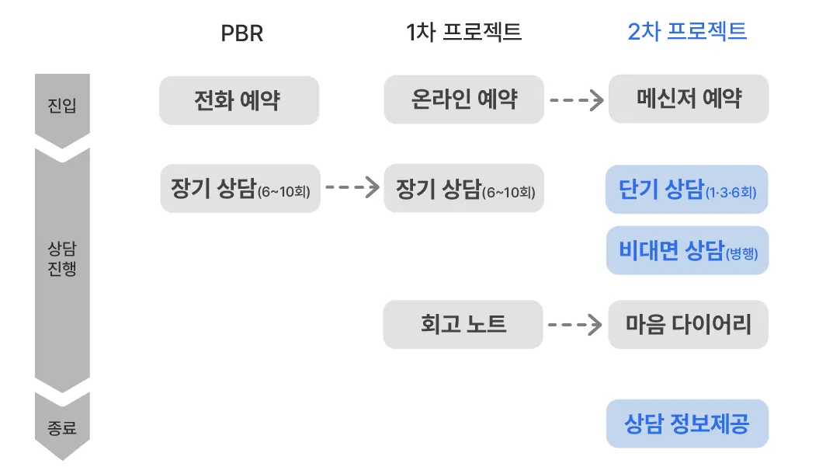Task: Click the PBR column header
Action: pos(241,33)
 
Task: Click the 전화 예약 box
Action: pos(238,100)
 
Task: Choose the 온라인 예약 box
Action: pos(463,99)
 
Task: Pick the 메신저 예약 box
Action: pos(689,99)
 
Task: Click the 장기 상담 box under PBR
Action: pos(240,188)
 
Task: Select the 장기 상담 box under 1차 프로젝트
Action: pos(463,188)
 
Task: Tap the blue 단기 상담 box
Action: pos(687,189)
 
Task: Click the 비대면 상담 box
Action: pos(687,250)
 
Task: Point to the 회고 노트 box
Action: pos(463,324)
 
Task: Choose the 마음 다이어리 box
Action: pos(689,324)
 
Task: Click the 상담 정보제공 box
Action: pos(687,424)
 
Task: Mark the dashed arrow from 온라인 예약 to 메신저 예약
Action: pos(576,99)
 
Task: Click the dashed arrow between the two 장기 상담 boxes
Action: pos(352,187)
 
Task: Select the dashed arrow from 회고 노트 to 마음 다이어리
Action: pos(575,324)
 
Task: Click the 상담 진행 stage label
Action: pos(62,260)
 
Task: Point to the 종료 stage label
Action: pos(62,427)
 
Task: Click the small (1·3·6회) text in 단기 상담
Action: pos(731,192)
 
